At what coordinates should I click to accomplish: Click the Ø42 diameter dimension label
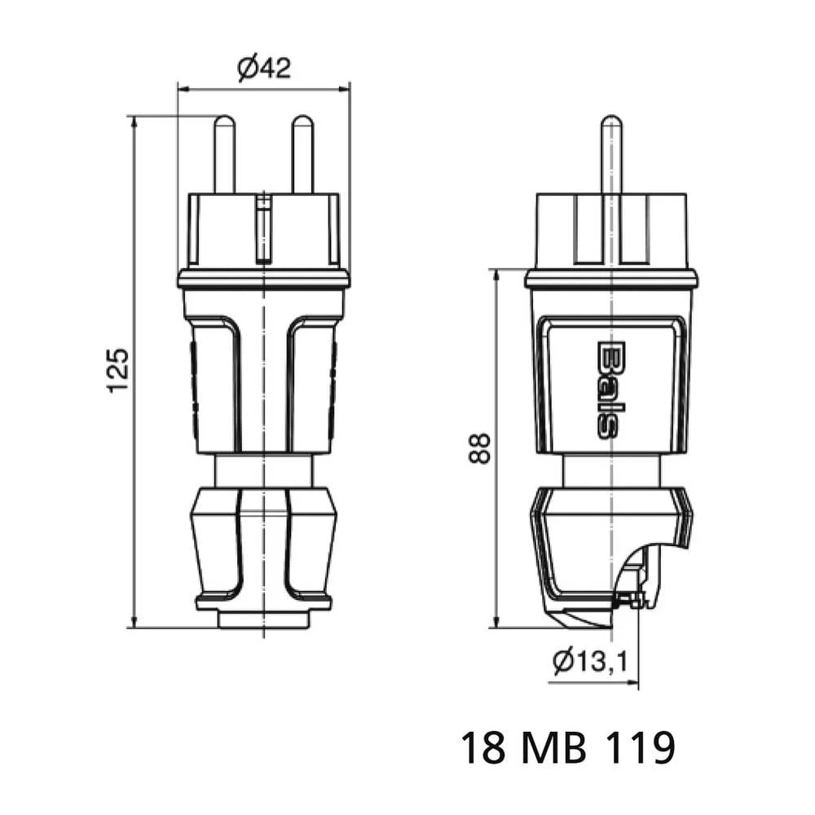click(x=264, y=68)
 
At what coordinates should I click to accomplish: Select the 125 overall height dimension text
click(x=118, y=371)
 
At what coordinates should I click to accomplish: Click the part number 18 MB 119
click(x=567, y=747)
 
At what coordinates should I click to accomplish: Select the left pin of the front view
click(x=224, y=155)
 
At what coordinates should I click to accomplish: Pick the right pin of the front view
click(x=302, y=155)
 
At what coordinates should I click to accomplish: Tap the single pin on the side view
click(x=610, y=155)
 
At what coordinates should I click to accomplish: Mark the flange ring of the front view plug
click(x=263, y=280)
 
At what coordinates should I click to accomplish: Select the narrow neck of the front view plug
click(x=263, y=470)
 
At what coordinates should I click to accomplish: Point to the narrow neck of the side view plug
click(x=610, y=470)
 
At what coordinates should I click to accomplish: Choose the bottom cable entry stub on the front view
click(x=263, y=619)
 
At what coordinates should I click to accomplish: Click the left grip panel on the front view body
click(x=215, y=383)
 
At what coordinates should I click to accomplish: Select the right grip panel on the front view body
click(x=312, y=383)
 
